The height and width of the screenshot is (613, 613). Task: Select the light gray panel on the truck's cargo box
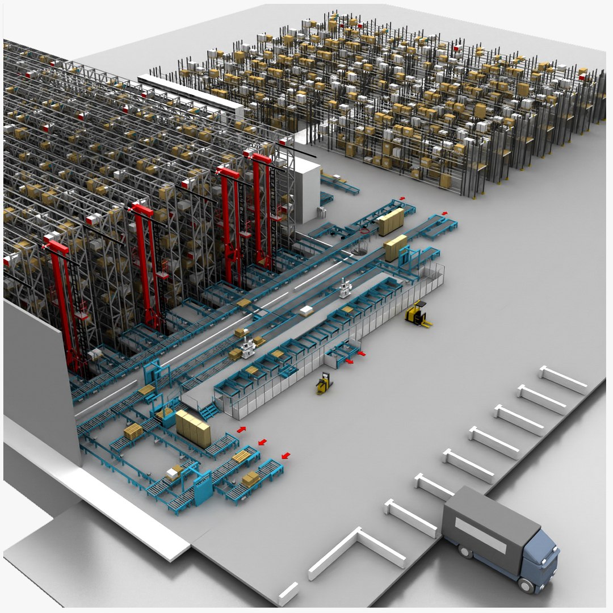pos(480,535)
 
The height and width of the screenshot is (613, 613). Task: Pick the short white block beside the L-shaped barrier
pos(288,593)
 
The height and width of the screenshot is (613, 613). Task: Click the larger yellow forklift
pos(418,314)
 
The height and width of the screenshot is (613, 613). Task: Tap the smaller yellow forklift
pos(324,384)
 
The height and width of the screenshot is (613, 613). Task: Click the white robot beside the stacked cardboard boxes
pos(247,347)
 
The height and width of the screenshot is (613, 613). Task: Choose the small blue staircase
pos(208,410)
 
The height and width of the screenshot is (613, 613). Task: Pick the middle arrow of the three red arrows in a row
pos(262,442)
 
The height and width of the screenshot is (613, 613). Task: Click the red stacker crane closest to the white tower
pos(262,210)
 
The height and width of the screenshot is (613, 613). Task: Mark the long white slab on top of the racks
pos(190,94)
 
